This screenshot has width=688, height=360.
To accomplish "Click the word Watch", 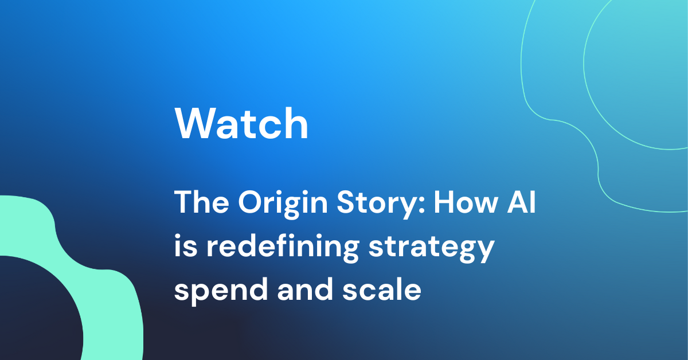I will click(x=241, y=124).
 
